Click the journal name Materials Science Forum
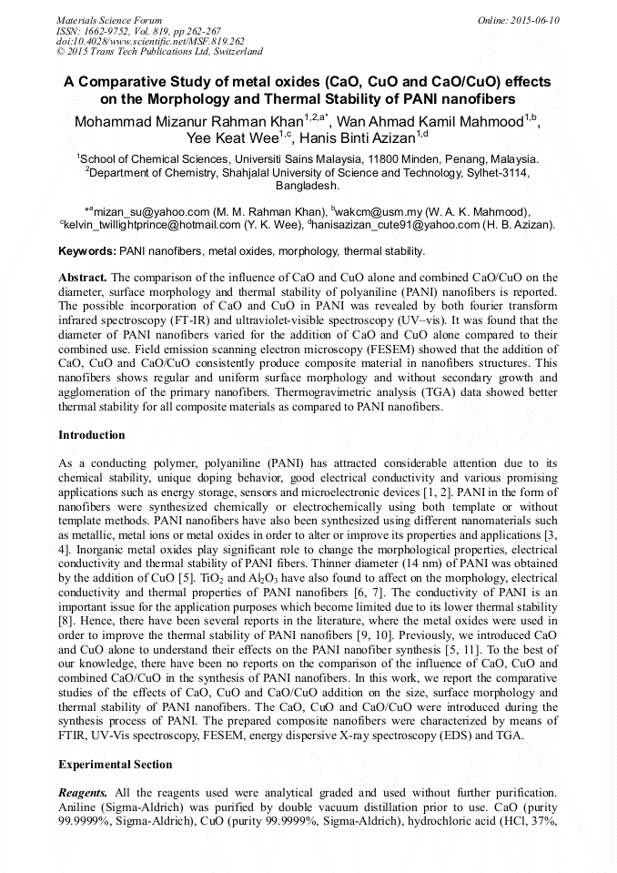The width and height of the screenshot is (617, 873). click(x=109, y=20)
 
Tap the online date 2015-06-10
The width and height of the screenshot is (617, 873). click(x=535, y=20)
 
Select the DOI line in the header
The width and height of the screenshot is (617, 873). click(x=150, y=41)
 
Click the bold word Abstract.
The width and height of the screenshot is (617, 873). click(x=82, y=276)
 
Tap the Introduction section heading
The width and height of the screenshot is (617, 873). click(x=92, y=435)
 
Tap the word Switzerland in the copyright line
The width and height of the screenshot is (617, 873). click(x=229, y=52)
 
